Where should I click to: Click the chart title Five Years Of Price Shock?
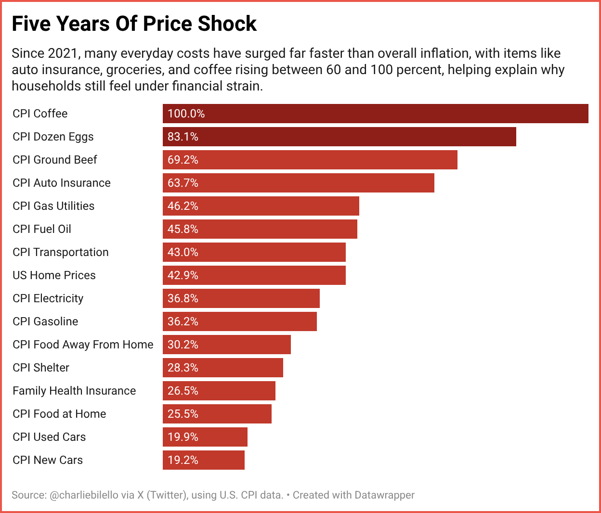tap(134, 24)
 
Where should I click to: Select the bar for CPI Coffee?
tap(375, 114)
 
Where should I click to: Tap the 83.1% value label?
tap(183, 137)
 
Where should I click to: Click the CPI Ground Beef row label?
tap(55, 160)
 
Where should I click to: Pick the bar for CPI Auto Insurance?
tap(298, 183)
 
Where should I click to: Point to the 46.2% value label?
tap(183, 206)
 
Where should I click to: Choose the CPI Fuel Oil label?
tap(42, 229)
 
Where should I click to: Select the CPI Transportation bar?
tap(254, 252)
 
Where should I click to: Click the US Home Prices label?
tap(54, 275)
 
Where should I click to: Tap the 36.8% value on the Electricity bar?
tap(183, 298)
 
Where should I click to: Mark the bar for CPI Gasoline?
tap(239, 321)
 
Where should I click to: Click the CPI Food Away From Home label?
tap(83, 345)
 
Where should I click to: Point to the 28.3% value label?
tap(183, 368)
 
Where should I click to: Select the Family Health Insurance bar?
tap(219, 391)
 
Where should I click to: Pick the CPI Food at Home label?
tap(59, 414)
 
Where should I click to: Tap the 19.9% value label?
tap(183, 437)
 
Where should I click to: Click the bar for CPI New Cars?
tap(203, 460)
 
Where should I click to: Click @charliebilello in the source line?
tap(92, 495)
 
